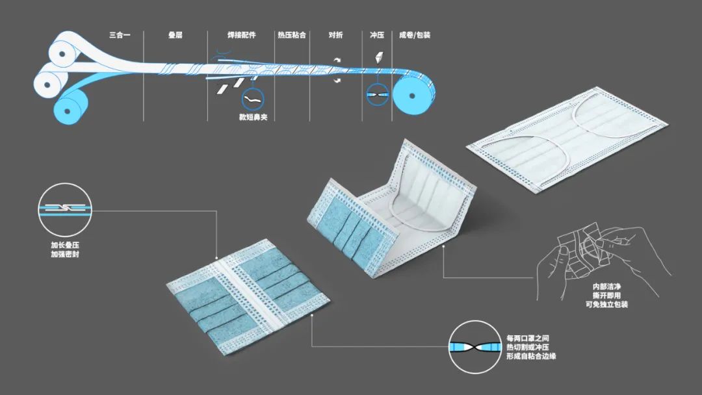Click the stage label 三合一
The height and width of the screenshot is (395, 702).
coord(120,35)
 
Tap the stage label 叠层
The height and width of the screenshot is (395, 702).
coord(175,35)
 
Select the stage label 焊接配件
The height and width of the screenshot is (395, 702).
coord(240,35)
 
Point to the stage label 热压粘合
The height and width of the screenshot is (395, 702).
coord(292,35)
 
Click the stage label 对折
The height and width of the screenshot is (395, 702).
coord(336,35)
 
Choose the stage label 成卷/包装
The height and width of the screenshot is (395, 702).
coord(415,35)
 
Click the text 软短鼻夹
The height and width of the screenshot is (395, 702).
coord(253,118)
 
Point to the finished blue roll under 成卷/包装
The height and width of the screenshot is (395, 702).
coord(414,93)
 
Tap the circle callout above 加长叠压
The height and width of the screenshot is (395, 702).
coord(63,209)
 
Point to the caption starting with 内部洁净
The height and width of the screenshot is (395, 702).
coord(610,295)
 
